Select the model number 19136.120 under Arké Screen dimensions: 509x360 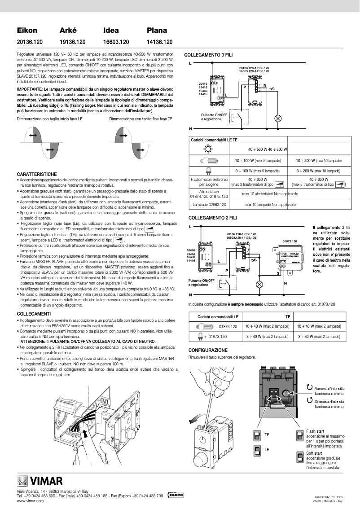[x=72, y=42]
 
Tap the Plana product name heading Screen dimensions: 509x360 [x=157, y=31]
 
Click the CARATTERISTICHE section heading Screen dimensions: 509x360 [x=37, y=174]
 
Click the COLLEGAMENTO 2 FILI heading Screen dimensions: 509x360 [x=208, y=218]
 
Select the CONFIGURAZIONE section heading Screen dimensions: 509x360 [x=208, y=350]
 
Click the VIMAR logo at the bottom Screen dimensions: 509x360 [x=40, y=482]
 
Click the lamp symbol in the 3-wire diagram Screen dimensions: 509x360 [x=277, y=118]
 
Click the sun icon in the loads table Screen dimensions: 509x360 [x=208, y=149]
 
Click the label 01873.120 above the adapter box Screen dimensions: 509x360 [x=290, y=241]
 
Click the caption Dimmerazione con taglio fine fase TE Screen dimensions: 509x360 [x=141, y=119]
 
